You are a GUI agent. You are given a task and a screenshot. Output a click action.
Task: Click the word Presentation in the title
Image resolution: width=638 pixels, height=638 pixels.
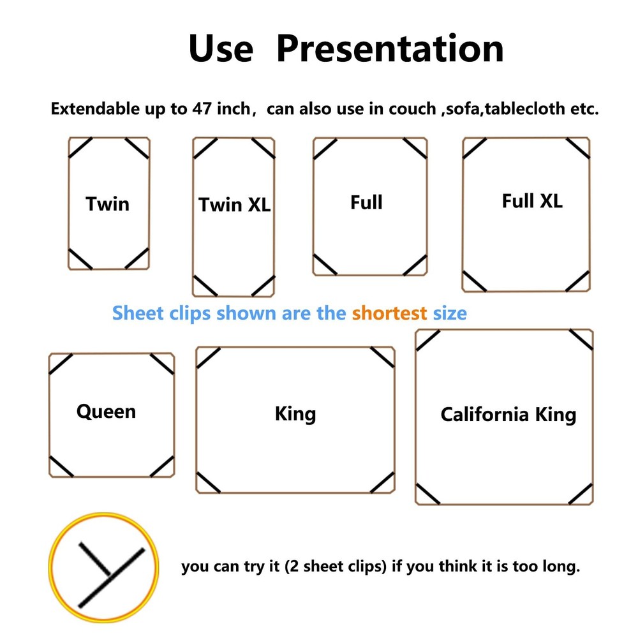tap(390, 48)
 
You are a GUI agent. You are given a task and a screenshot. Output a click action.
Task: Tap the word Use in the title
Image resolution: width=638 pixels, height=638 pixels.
tap(221, 48)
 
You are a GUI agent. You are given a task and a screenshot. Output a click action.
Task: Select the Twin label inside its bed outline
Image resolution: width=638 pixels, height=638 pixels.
tap(107, 204)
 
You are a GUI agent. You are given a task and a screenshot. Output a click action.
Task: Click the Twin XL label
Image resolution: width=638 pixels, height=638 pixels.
tap(234, 205)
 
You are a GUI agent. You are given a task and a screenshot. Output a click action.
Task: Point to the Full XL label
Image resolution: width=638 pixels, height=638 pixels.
tap(532, 200)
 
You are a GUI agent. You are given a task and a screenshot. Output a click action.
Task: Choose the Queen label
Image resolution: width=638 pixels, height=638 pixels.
tap(106, 412)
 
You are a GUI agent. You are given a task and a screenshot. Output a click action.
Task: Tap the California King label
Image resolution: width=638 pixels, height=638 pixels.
tap(508, 415)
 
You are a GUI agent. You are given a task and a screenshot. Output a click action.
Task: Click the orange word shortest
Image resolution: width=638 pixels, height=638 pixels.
tap(389, 313)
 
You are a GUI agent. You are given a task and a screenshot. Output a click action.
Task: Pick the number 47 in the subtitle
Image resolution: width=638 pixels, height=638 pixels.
tap(202, 108)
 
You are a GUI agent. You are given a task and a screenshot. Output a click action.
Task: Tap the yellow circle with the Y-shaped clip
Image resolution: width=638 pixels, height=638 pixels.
tap(104, 567)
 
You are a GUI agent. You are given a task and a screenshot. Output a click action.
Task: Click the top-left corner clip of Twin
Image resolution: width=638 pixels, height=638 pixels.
tap(80, 148)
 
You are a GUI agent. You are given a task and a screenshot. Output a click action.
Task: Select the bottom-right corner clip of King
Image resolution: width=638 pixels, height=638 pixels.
tap(382, 482)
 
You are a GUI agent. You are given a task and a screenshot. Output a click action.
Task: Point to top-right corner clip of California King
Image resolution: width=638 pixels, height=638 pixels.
tap(581, 340)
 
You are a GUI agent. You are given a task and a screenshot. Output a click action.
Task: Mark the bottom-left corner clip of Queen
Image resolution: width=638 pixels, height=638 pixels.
tap(61, 466)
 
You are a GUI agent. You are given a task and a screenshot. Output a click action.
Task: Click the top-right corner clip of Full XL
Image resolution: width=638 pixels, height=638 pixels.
tap(578, 148)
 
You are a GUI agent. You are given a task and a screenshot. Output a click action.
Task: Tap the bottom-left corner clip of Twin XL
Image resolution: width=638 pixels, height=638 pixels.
tap(205, 286)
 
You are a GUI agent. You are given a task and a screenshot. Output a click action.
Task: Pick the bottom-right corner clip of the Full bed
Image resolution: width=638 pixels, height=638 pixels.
tap(415, 265)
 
